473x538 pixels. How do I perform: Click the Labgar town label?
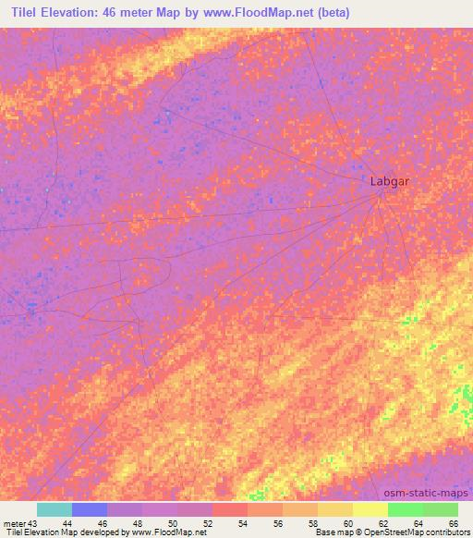[389, 181]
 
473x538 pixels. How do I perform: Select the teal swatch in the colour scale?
[55, 509]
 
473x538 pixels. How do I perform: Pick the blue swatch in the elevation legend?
[90, 509]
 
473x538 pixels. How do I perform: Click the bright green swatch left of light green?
[406, 509]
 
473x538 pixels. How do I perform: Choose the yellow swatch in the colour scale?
[370, 509]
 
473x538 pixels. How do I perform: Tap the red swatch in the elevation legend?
[230, 509]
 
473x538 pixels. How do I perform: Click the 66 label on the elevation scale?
[452, 523]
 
